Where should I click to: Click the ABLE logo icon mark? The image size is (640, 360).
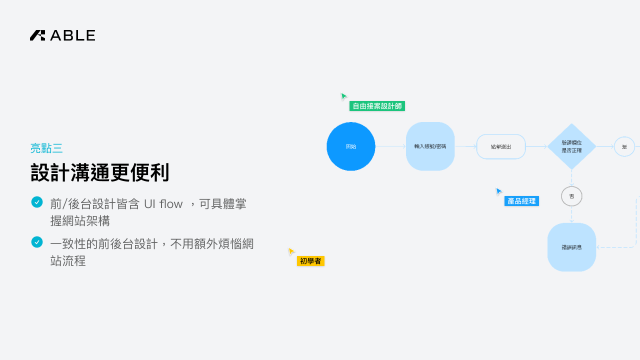(x=37, y=35)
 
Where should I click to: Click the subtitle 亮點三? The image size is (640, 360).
(x=46, y=148)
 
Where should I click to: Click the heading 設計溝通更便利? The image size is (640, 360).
(x=100, y=173)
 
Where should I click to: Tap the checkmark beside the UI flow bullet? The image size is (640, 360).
(x=37, y=202)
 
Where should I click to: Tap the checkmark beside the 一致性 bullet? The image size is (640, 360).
(x=37, y=242)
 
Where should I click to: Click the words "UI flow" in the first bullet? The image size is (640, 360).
(x=163, y=204)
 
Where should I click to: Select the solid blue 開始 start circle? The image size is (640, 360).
(x=351, y=146)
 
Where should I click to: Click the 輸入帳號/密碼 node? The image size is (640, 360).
(x=430, y=146)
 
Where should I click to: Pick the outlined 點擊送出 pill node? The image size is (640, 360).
(x=501, y=146)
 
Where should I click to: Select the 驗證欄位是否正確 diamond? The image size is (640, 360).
(x=571, y=146)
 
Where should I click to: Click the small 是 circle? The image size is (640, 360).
(x=624, y=146)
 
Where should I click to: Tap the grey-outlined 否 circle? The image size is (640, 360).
(x=571, y=196)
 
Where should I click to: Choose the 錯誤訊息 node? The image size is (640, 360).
(x=571, y=247)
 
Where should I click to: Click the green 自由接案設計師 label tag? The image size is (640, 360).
(x=377, y=106)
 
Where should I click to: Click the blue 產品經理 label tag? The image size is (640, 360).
(x=521, y=201)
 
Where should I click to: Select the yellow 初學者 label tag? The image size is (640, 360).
(x=310, y=261)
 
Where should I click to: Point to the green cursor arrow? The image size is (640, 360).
(x=344, y=96)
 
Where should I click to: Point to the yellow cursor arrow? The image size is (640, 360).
(x=291, y=251)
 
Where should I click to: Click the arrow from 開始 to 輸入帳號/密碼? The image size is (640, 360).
(x=390, y=146)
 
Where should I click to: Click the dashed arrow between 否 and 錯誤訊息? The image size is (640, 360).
(x=571, y=214)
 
